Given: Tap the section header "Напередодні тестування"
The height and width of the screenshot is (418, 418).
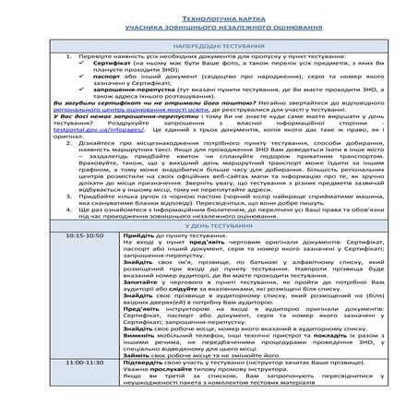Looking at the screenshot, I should pyautogui.click(x=209, y=43).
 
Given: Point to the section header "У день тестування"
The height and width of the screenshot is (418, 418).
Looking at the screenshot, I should pyautogui.click(x=209, y=225).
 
